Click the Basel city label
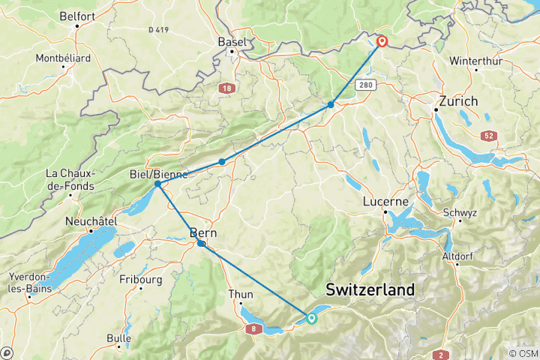tap(232, 41)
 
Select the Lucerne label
tap(385, 201)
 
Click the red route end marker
tap(382, 41)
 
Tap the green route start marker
tap(311, 319)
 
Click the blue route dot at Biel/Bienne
tap(157, 184)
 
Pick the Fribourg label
tap(141, 280)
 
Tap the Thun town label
tap(241, 295)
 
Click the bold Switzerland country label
tap(370, 289)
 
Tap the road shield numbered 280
tap(366, 85)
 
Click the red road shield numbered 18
tap(227, 88)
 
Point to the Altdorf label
tap(459, 256)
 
